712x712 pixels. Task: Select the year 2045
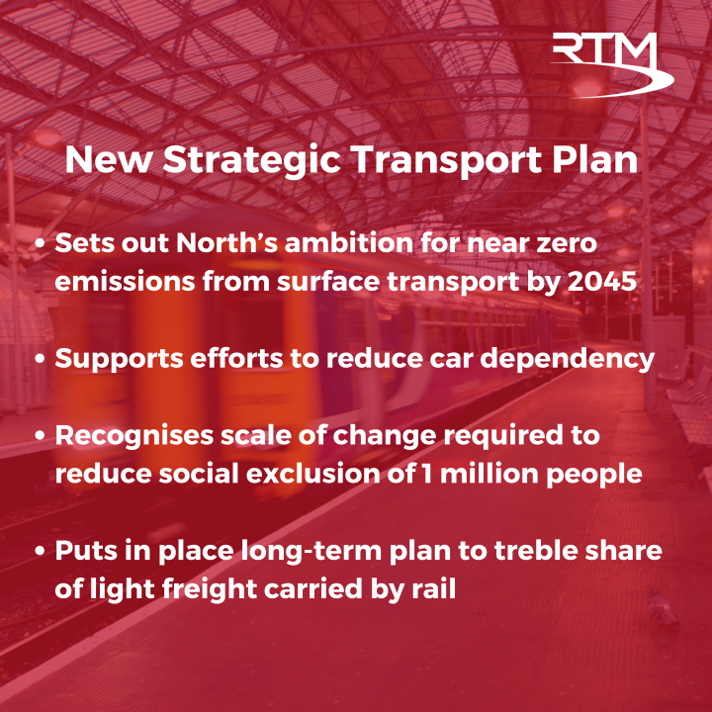coord(608,281)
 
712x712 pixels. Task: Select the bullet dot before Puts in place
coord(40,550)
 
